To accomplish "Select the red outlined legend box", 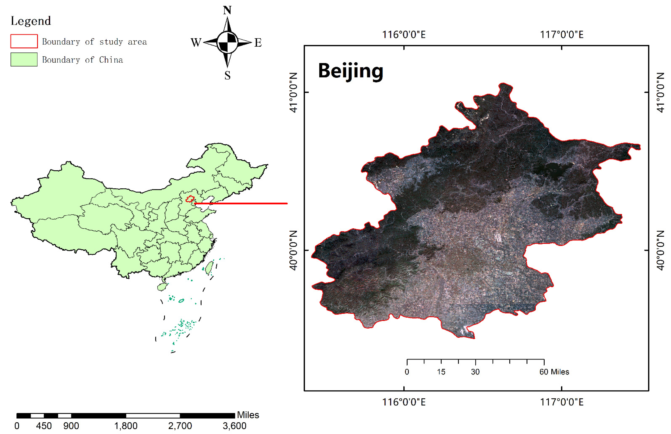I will click(x=24, y=41).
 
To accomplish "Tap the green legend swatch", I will click(x=24, y=59).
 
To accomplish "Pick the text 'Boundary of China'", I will click(x=83, y=60).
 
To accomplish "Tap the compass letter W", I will click(x=196, y=42).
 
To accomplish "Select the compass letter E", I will click(x=258, y=42).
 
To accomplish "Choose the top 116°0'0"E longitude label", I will click(x=404, y=35).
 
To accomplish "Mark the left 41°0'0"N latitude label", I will click(x=293, y=93).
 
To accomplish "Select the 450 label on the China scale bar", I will click(x=44, y=426).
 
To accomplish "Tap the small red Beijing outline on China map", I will click(x=190, y=199).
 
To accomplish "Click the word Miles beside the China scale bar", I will click(x=248, y=415).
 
